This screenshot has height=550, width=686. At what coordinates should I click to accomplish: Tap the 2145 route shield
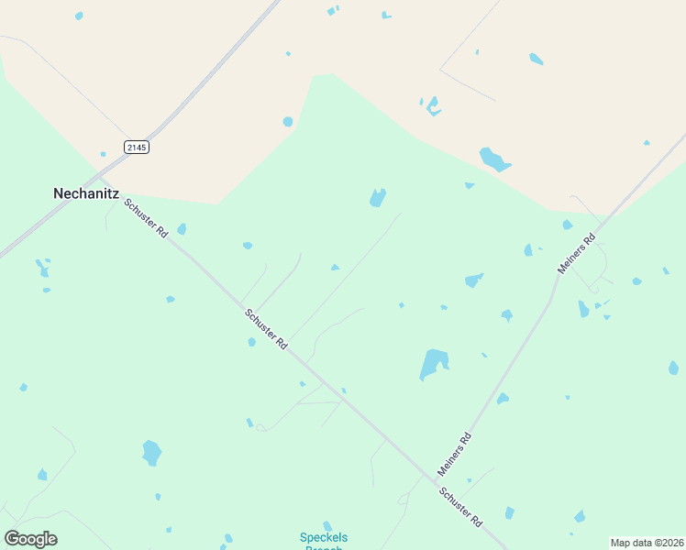[136, 147]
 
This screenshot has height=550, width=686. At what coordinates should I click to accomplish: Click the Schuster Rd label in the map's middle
[266, 328]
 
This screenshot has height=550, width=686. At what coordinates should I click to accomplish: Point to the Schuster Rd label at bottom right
[460, 508]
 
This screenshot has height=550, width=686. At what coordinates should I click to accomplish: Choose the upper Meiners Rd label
[577, 253]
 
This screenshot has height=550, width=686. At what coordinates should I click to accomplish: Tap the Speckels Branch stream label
[324, 542]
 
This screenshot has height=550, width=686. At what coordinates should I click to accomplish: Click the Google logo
[30, 538]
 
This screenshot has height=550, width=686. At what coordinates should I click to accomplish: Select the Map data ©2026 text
[647, 543]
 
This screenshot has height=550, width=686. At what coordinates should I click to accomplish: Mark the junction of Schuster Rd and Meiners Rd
[434, 477]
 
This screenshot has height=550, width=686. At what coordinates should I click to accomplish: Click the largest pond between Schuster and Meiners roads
[433, 363]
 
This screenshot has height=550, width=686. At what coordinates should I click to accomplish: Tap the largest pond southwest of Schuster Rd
[151, 452]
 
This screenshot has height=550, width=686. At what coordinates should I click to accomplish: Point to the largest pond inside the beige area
[493, 159]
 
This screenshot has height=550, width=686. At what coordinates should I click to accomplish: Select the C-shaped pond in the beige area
[432, 107]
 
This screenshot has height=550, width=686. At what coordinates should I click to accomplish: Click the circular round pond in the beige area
[288, 121]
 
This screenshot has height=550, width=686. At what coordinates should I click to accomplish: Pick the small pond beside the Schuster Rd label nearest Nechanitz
[182, 229]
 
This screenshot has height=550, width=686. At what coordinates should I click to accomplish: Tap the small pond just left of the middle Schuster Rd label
[251, 342]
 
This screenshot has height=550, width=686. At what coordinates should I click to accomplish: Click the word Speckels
[324, 537]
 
